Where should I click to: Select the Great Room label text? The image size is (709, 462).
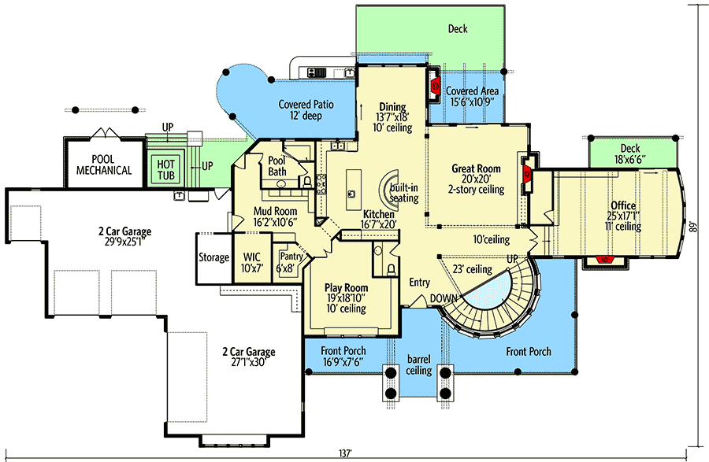[x=476, y=169]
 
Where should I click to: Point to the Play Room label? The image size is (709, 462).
[x=347, y=288]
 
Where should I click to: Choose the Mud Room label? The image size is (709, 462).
[x=274, y=212]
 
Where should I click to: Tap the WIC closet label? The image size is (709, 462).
[x=251, y=257]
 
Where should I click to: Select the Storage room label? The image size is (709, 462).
[x=213, y=257]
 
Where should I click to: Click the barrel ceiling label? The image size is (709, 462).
[x=418, y=364]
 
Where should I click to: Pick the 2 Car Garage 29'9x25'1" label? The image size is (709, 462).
[x=124, y=231]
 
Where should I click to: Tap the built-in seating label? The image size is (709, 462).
[x=404, y=193]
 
